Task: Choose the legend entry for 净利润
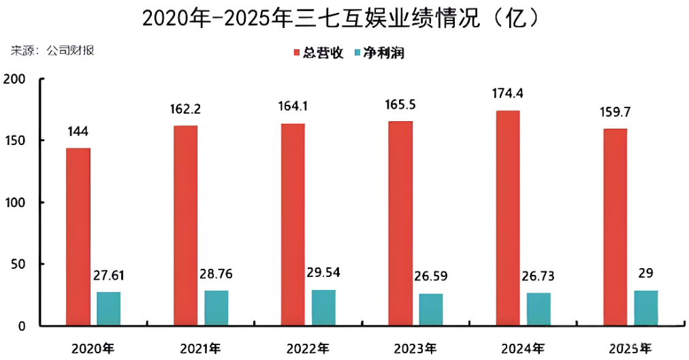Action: pyautogui.click(x=382, y=52)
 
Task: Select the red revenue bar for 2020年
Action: pyautogui.click(x=78, y=236)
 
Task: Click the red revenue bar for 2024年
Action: pyautogui.click(x=507, y=218)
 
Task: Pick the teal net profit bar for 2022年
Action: pyautogui.click(x=323, y=308)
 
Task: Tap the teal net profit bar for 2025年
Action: pyautogui.click(x=645, y=308)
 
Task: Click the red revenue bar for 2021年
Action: pyautogui.click(x=185, y=225)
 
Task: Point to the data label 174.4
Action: pyautogui.click(x=507, y=93)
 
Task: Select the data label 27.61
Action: pyautogui.click(x=108, y=276)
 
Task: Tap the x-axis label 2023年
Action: pyautogui.click(x=415, y=348)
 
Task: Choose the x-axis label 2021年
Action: pyautogui.click(x=201, y=348)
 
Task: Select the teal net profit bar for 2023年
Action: pyautogui.click(x=430, y=309)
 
